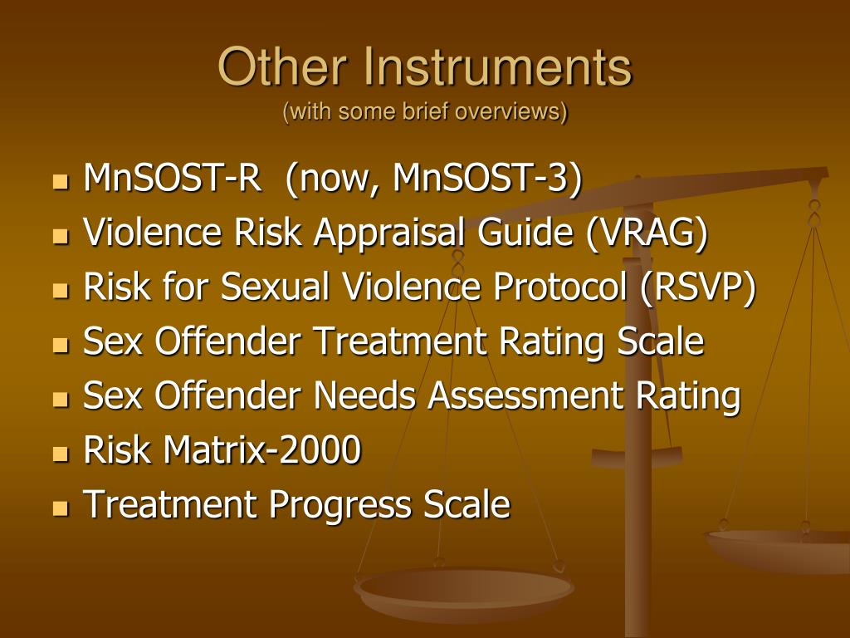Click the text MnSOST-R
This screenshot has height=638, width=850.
point(171,179)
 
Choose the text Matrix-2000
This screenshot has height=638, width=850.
point(262,450)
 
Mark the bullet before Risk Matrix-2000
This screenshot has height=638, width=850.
point(60,454)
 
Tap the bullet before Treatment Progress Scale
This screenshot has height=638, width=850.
point(60,508)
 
